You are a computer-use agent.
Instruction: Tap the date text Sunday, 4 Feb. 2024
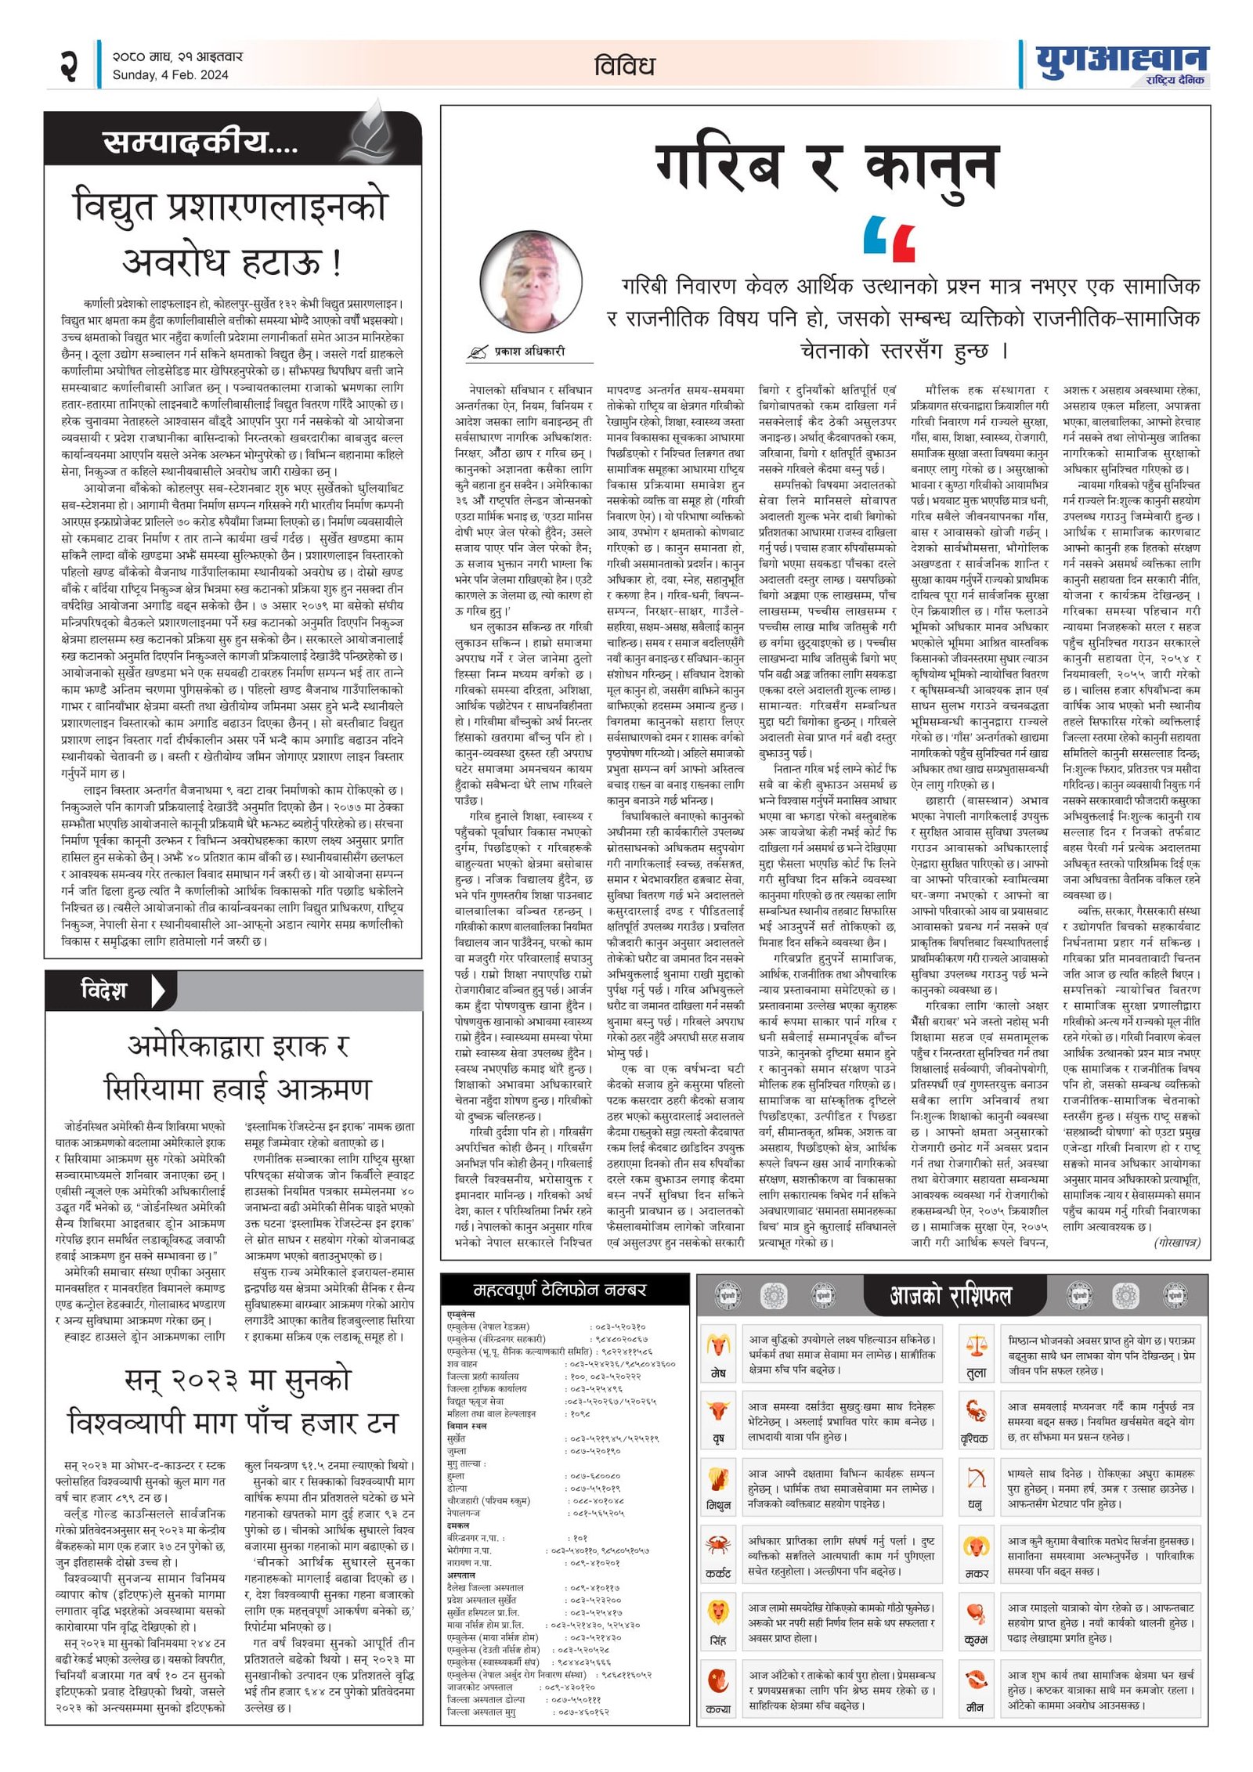coord(170,75)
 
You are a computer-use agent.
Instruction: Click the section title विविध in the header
coord(623,66)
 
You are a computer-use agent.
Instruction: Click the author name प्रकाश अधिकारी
coord(529,352)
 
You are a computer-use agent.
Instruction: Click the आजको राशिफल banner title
coord(950,1295)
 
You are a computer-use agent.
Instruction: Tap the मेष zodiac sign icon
coord(717,1347)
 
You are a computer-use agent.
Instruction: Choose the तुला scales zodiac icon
coord(976,1347)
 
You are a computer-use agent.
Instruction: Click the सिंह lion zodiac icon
coord(717,1611)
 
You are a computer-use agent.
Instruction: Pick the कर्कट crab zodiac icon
coord(717,1545)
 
